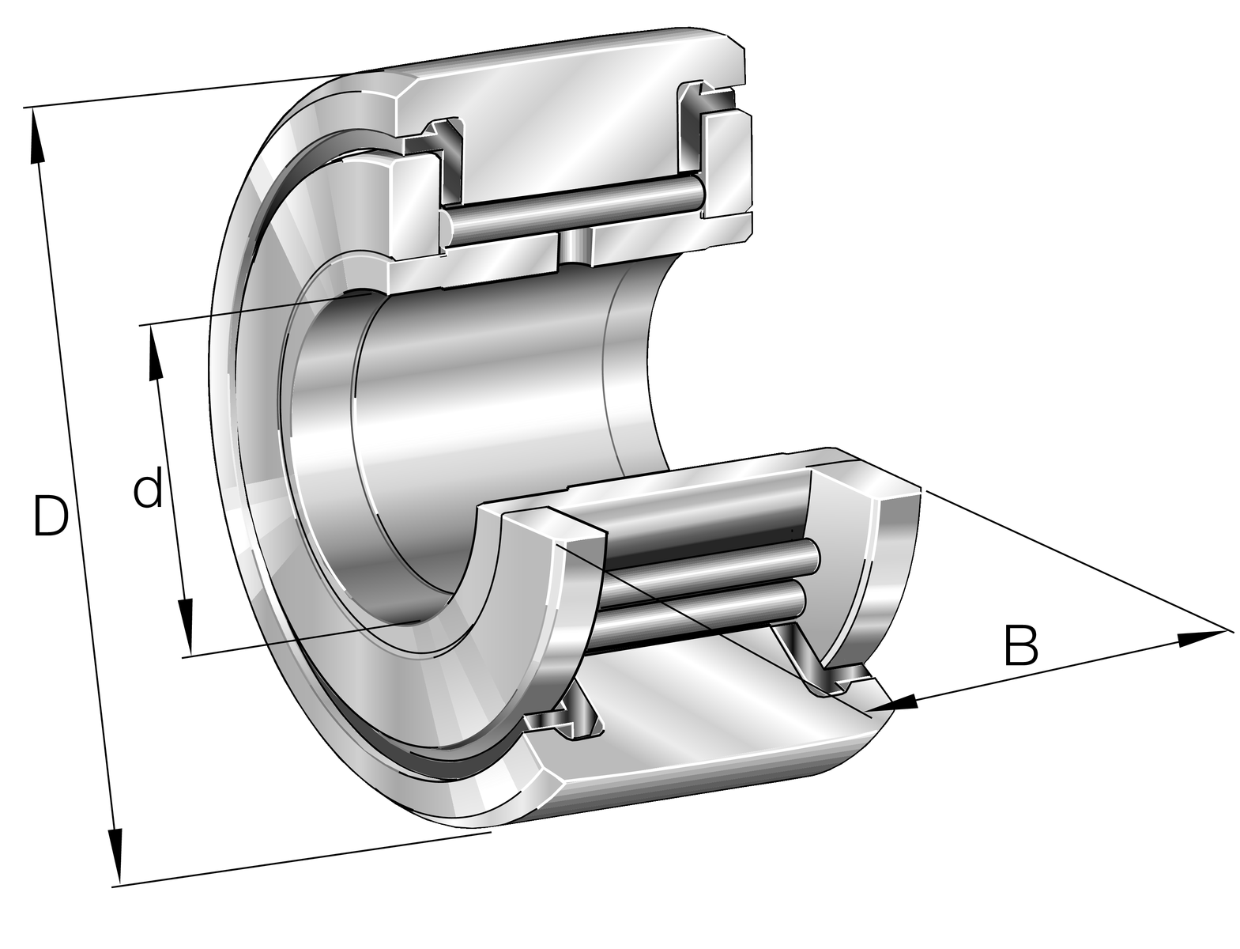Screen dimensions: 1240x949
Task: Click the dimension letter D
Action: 51,516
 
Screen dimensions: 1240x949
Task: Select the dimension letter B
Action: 1021,645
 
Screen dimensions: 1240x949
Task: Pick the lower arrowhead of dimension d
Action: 186,626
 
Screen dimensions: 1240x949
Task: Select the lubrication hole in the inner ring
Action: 574,247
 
